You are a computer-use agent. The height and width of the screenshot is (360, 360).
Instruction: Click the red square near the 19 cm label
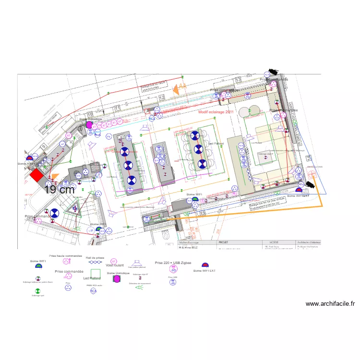tap(36, 175)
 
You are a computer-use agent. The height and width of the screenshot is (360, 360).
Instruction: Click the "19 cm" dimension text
tap(59, 190)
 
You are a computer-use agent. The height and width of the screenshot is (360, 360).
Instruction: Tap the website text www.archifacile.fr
tap(330, 304)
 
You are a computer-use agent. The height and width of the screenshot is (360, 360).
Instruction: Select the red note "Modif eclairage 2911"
tap(216, 112)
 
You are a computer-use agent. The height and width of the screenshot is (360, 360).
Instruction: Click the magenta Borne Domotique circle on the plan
tap(89, 125)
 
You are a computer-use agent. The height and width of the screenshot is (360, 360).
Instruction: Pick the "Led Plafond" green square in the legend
tap(96, 273)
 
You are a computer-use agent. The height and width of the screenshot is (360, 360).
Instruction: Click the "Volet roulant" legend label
tap(115, 265)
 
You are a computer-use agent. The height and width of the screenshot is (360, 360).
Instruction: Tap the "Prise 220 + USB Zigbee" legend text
tap(173, 263)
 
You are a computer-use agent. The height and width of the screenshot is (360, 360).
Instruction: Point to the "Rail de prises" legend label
tap(95, 258)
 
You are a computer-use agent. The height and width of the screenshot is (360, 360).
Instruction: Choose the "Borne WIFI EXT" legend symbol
tap(205, 265)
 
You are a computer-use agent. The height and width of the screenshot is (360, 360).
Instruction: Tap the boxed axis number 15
tap(202, 213)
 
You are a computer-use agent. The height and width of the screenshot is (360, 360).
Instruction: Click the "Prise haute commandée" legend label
tap(65, 256)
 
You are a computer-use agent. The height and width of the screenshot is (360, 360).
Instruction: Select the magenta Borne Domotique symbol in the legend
tap(116, 279)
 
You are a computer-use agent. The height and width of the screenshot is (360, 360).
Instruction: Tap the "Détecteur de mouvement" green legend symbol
tap(139, 287)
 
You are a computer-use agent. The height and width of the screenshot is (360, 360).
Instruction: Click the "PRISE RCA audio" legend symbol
tap(93, 291)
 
